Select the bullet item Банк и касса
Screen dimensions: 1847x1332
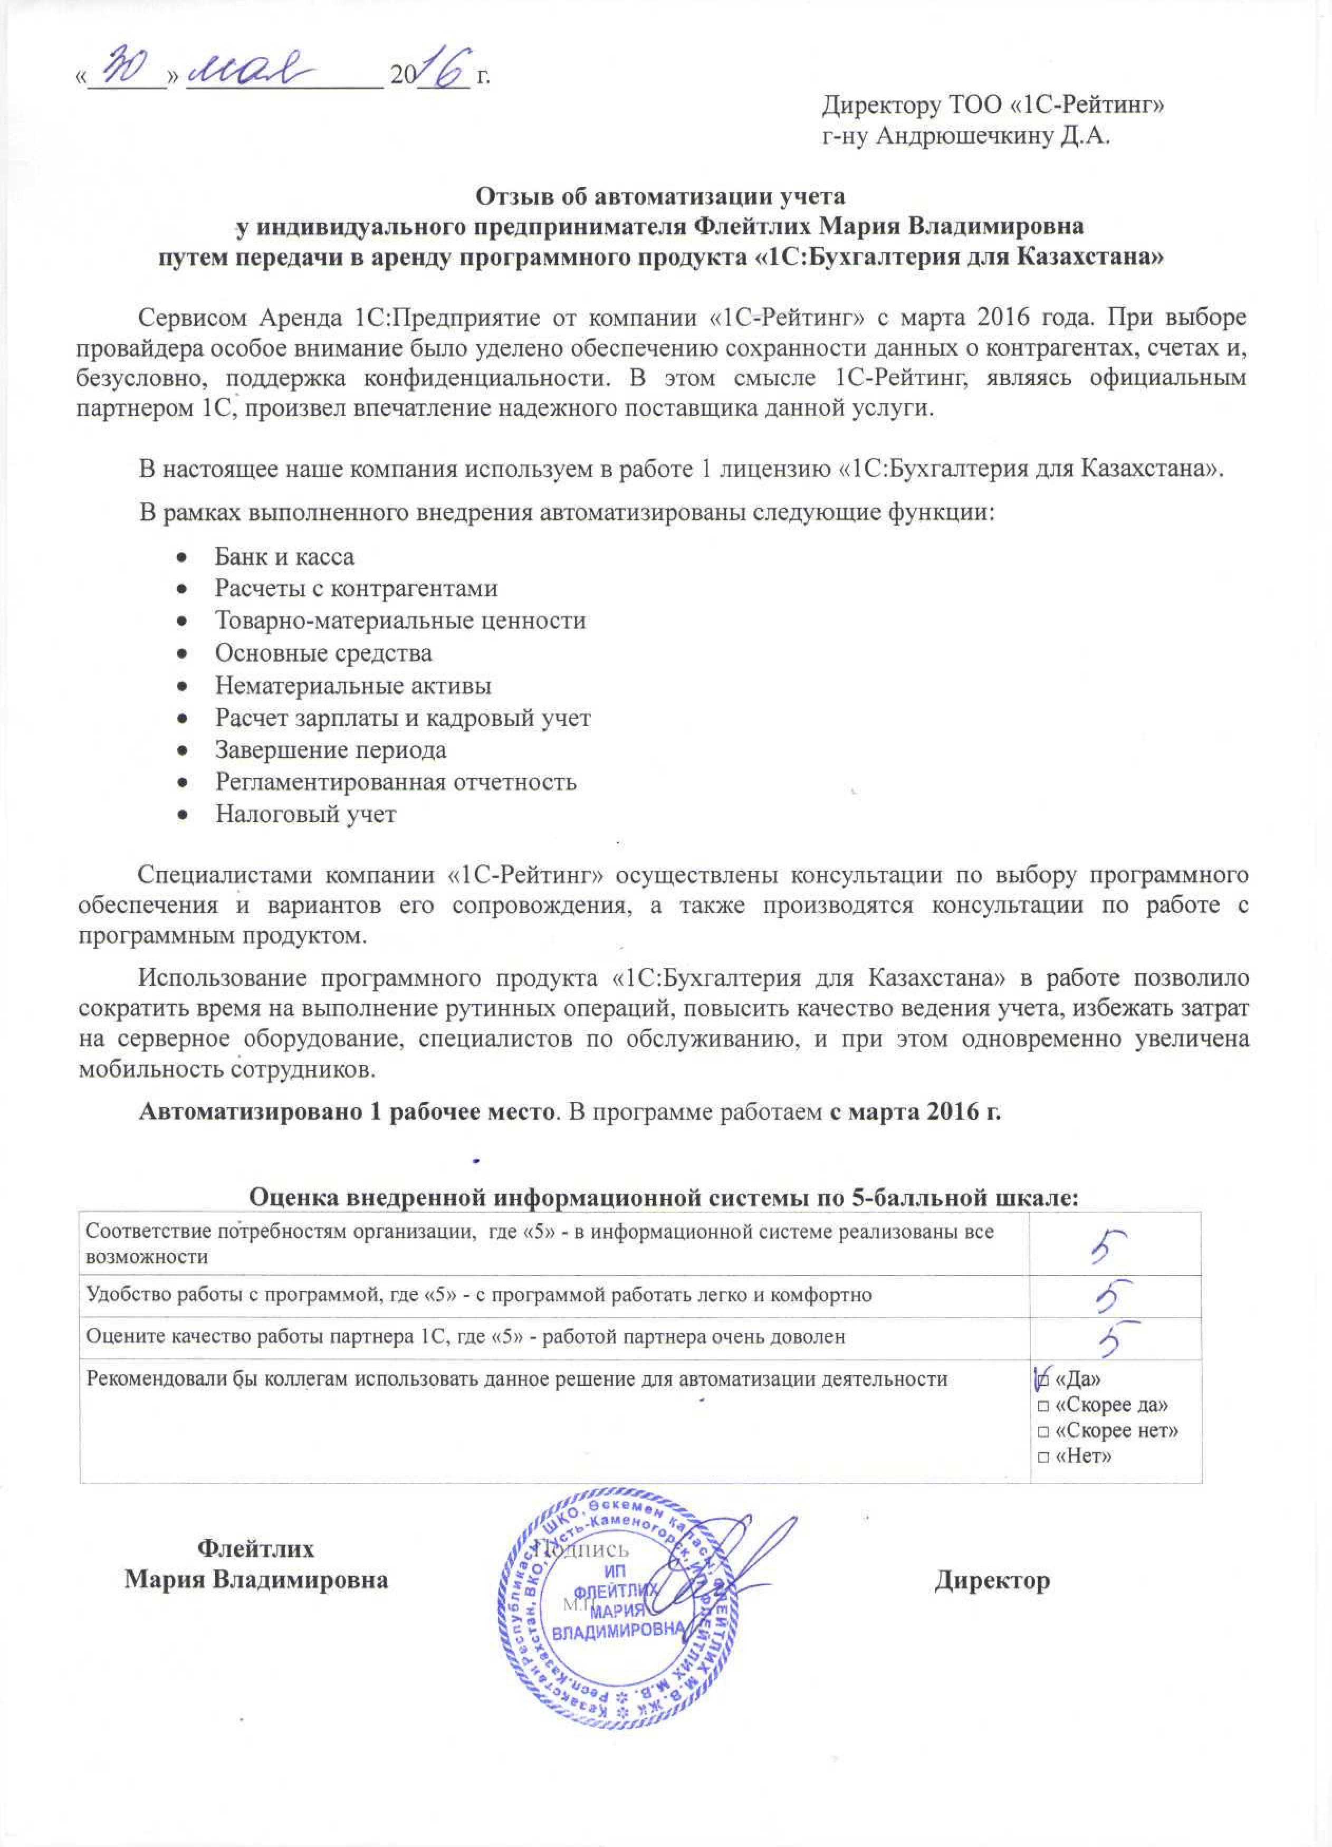click(x=284, y=557)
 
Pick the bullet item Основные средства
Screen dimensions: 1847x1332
click(x=323, y=653)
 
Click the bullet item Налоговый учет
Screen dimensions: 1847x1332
click(x=305, y=814)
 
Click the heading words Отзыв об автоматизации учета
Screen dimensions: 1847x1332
click(x=660, y=196)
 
